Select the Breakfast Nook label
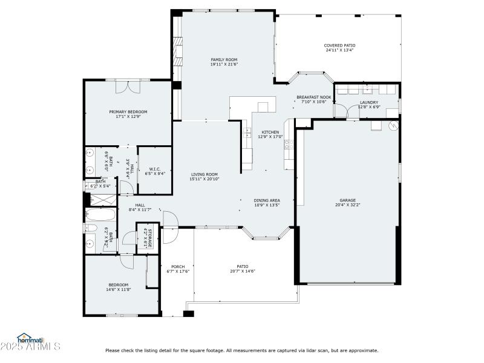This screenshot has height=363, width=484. point(314,97)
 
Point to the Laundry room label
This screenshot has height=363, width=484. point(368,102)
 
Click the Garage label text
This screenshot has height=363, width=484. point(347,200)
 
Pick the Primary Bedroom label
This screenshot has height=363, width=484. point(128,112)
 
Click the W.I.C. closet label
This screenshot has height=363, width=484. point(155,169)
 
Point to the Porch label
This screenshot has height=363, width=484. point(178,267)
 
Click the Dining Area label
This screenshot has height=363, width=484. point(267,200)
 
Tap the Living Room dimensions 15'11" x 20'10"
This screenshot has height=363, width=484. point(204,179)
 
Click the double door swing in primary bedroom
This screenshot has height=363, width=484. point(128,87)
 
